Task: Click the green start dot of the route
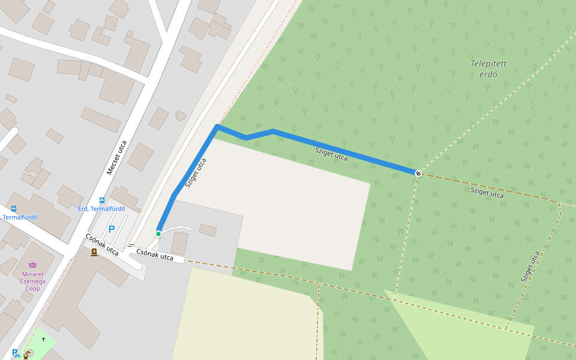(x=158, y=233)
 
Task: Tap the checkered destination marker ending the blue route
(x=418, y=173)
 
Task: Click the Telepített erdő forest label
(x=488, y=68)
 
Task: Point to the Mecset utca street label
(x=116, y=157)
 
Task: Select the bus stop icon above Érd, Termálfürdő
(x=102, y=200)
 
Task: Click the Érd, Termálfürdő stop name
(x=102, y=209)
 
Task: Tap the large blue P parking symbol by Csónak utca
(x=111, y=229)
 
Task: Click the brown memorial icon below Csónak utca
(x=94, y=253)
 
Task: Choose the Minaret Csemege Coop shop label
(x=33, y=281)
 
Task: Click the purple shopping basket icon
(x=33, y=265)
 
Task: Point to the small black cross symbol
(x=43, y=340)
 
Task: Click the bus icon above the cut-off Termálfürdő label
(x=14, y=208)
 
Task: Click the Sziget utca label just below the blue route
(x=331, y=154)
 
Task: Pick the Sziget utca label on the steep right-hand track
(x=530, y=266)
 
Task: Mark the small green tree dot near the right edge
(x=562, y=191)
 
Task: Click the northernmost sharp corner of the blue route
(x=217, y=127)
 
